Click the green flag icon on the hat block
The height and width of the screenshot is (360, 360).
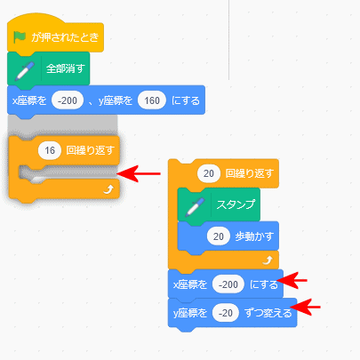[20, 37]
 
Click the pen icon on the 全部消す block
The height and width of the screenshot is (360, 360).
[25, 71]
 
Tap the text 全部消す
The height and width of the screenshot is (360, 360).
[65, 68]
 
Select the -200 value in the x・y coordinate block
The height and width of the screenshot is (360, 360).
[68, 100]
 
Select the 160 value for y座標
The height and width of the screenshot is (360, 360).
[152, 100]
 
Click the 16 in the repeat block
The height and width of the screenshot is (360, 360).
[50, 150]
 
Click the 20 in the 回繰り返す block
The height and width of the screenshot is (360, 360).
[209, 173]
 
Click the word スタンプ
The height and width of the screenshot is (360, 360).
[236, 204]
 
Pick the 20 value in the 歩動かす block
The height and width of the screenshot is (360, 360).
[219, 236]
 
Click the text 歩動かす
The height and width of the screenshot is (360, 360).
[254, 236]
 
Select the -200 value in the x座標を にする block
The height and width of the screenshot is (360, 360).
[228, 284]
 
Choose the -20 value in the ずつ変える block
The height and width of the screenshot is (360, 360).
[226, 313]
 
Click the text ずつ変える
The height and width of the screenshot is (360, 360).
[268, 313]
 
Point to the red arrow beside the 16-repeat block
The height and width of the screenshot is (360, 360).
[139, 173]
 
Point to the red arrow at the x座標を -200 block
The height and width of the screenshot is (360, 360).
[292, 280]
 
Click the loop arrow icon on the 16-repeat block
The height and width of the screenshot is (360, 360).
[108, 189]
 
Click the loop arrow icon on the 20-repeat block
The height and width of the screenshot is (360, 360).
[268, 260]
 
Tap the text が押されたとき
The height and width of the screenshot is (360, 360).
[65, 37]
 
